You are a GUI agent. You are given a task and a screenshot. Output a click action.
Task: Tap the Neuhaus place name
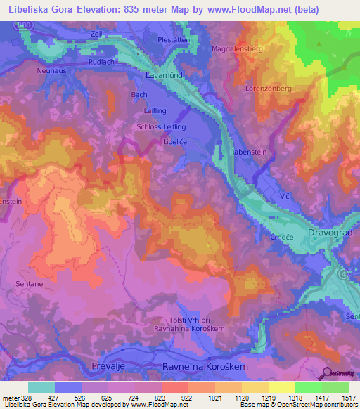click(x=52, y=71)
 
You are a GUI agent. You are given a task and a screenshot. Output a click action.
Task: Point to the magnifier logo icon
click(x=325, y=373)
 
